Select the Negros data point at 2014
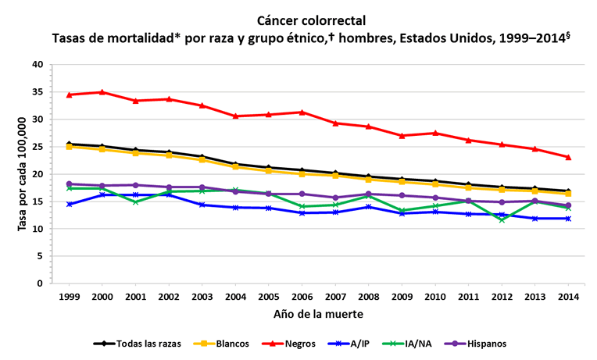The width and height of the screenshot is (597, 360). pyautogui.click(x=568, y=157)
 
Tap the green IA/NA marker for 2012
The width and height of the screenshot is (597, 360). pyautogui.click(x=501, y=220)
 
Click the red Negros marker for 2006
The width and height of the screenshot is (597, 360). pyautogui.click(x=301, y=112)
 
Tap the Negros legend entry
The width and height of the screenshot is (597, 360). pyautogui.click(x=295, y=343)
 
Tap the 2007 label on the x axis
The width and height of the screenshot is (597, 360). pyautogui.click(x=334, y=298)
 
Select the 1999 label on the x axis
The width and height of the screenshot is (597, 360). pyautogui.click(x=69, y=298)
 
